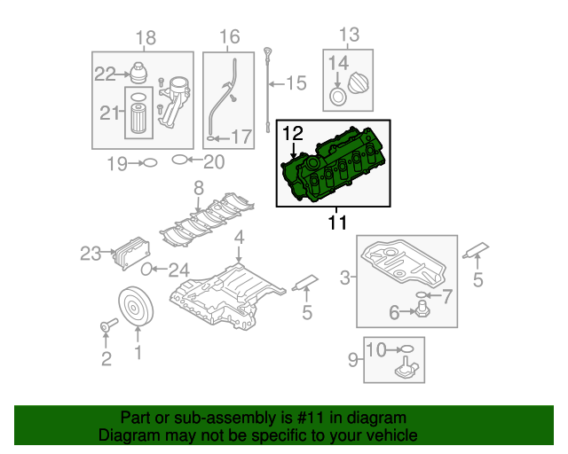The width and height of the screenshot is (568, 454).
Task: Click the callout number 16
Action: tap(229, 37)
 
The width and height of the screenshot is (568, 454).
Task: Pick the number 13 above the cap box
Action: tap(348, 35)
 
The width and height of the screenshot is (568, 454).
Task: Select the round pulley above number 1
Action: tap(137, 307)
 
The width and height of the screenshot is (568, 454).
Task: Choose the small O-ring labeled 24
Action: tap(148, 270)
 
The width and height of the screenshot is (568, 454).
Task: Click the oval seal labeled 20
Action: tap(179, 160)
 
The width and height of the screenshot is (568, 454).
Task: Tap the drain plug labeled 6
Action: tap(422, 309)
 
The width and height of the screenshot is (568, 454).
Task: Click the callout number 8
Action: tap(198, 188)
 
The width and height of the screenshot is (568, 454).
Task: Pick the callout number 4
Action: tap(239, 238)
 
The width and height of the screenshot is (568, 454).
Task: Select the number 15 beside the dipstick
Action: tap(296, 84)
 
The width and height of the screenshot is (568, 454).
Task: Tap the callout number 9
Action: tap(352, 360)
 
